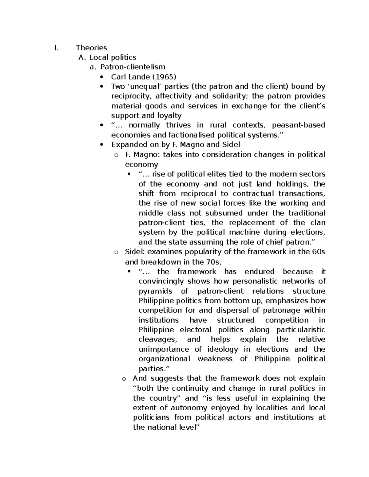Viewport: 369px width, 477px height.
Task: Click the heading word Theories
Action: (x=91, y=48)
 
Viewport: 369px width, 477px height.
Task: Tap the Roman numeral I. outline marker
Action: (x=55, y=48)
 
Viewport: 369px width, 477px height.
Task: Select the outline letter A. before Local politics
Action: (x=81, y=57)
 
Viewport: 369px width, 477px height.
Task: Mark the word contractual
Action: (x=253, y=194)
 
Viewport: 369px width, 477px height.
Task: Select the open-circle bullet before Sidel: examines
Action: (x=116, y=252)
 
